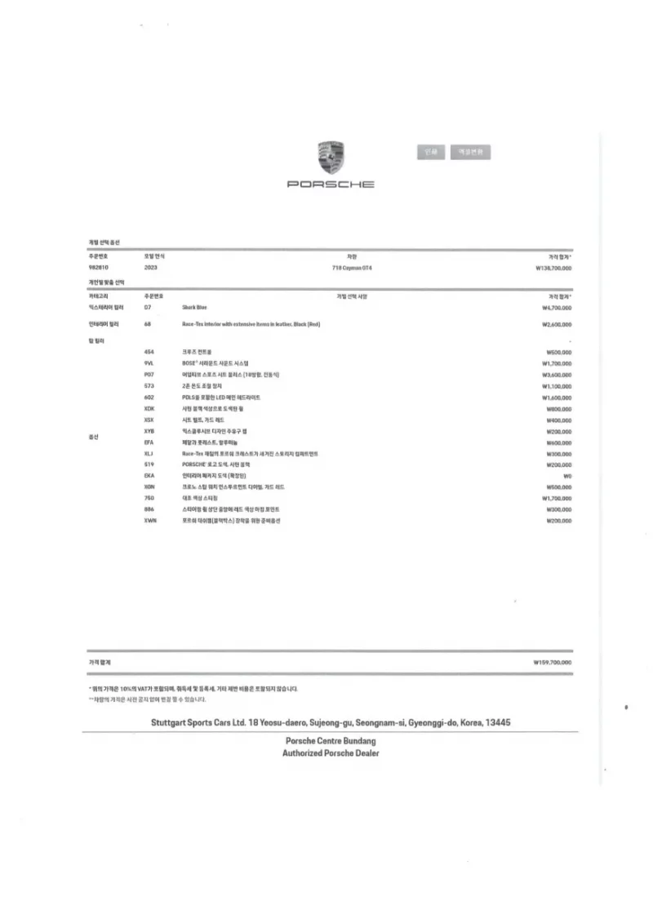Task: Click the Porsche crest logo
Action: click(x=331, y=157)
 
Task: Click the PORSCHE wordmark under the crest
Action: click(x=331, y=184)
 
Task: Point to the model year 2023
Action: click(x=151, y=268)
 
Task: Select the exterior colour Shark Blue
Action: click(x=194, y=308)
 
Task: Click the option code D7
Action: click(x=147, y=308)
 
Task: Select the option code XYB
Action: click(x=149, y=430)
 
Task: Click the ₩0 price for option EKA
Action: click(x=566, y=475)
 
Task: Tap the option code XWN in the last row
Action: click(x=149, y=520)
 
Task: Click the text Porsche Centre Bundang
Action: click(x=331, y=740)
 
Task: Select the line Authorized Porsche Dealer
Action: click(x=331, y=753)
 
